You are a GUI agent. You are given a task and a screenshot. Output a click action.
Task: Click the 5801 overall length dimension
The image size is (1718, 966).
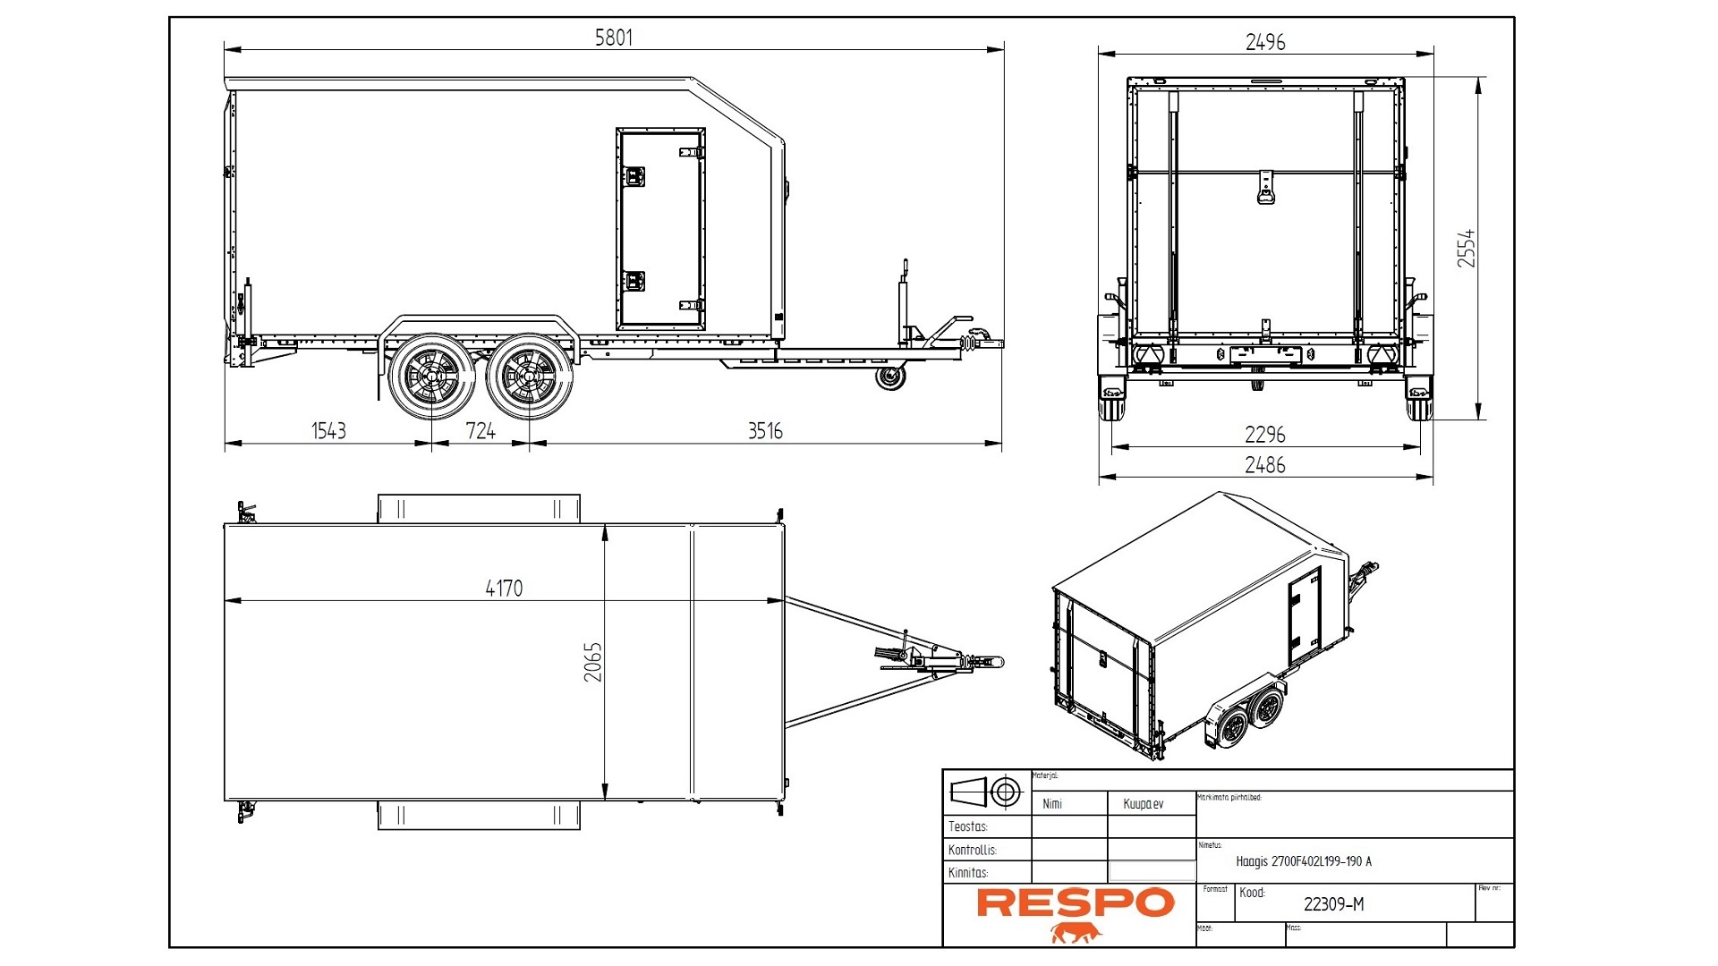pos(614,38)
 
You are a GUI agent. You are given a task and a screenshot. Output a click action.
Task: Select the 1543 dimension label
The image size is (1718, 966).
pos(328,431)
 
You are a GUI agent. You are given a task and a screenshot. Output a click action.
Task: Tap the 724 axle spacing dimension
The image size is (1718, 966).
pos(481,431)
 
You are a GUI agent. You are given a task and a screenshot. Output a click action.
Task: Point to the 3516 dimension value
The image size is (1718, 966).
pos(765,431)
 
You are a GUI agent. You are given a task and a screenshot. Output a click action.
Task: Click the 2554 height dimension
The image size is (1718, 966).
pos(1466,248)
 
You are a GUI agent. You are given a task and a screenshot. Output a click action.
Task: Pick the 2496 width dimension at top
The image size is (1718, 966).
pos(1265,42)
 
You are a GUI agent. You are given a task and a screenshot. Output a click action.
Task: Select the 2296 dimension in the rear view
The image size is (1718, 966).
pos(1265,435)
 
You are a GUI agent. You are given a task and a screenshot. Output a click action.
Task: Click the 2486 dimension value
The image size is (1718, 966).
pos(1265,465)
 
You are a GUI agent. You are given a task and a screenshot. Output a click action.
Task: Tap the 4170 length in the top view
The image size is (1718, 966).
pos(504,588)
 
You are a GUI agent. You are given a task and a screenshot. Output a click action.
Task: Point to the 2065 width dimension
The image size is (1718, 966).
pos(593,662)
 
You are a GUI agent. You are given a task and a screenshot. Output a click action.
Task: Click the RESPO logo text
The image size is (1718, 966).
pos(1075,903)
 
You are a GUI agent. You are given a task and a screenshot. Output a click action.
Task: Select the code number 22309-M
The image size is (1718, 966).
pos(1333,904)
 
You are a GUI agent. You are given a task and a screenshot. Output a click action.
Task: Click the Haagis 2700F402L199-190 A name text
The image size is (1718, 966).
pos(1303,861)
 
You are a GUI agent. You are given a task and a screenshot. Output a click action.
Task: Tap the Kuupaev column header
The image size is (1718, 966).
pos(1143,804)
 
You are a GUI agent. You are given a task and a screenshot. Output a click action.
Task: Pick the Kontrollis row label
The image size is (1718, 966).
pos(972,850)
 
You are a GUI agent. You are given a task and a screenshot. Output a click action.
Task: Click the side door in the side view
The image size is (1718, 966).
pos(660,229)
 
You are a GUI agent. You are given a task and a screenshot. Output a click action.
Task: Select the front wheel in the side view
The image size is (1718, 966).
pos(530,377)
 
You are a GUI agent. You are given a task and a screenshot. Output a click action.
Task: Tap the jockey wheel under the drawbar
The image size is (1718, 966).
pos(889,377)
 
